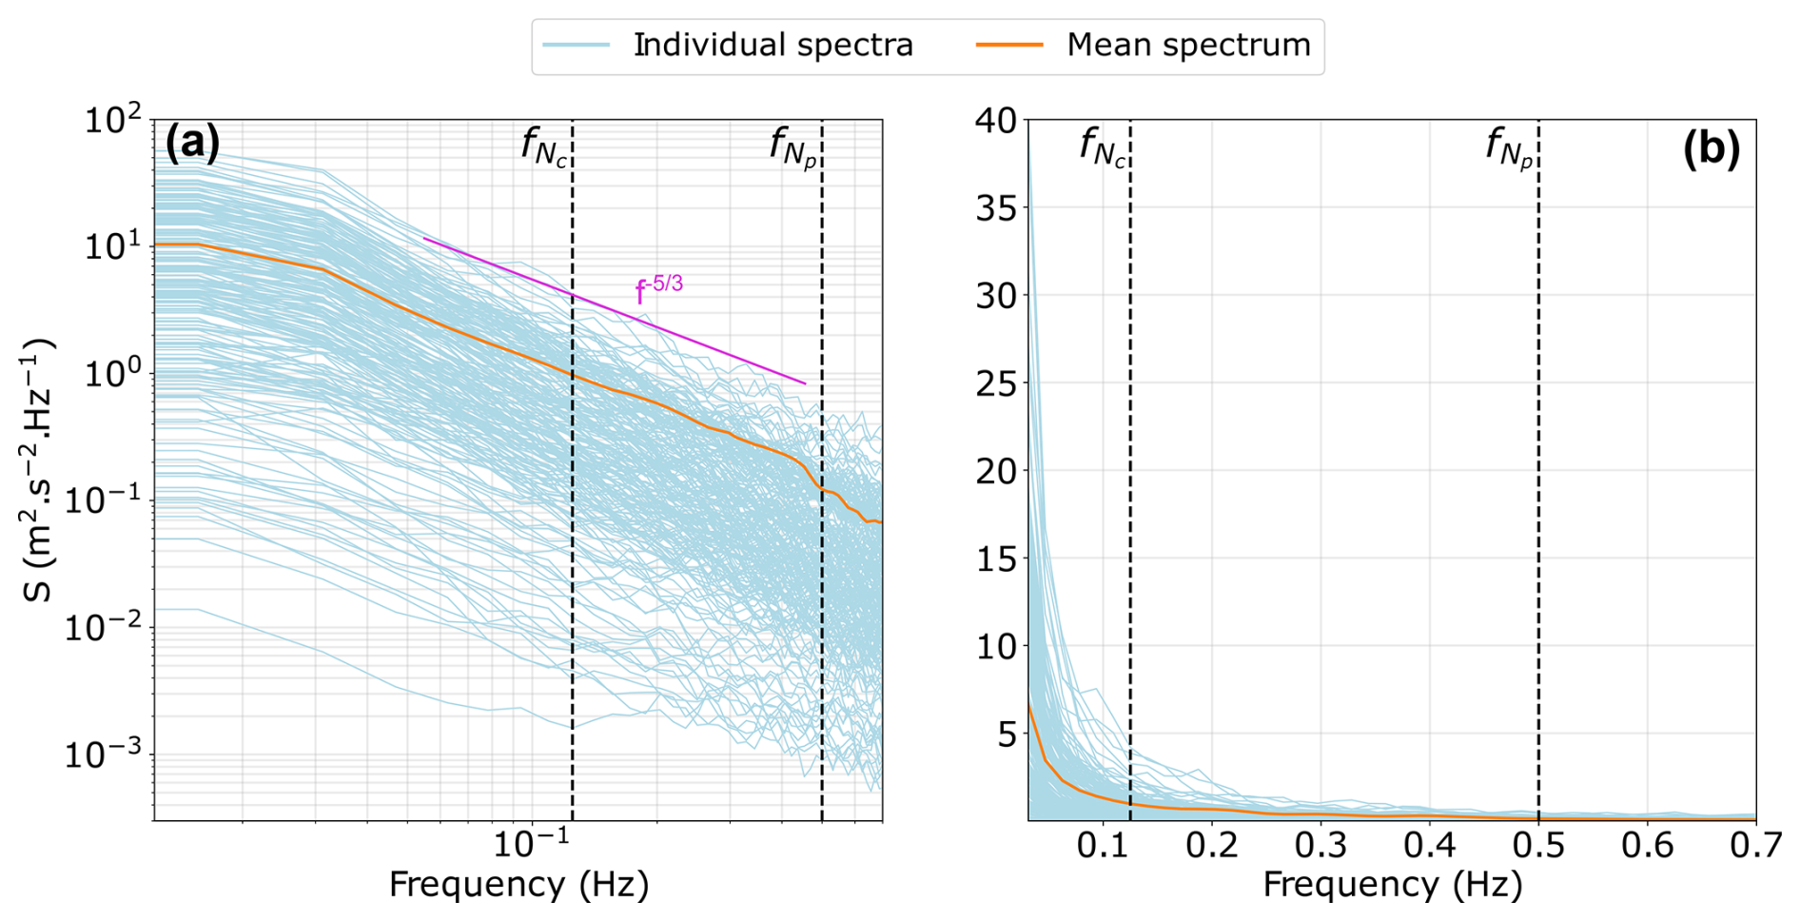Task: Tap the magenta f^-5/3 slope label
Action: (x=658, y=289)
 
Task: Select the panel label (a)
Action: (x=192, y=144)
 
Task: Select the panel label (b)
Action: (x=1711, y=149)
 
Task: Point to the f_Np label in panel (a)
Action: (x=793, y=147)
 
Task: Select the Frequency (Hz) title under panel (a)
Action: (x=518, y=886)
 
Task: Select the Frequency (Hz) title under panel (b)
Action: (x=1392, y=886)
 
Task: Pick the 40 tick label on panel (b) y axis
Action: (x=995, y=121)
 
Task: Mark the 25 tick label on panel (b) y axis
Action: (x=995, y=383)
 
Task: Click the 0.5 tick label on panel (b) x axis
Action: (x=1538, y=845)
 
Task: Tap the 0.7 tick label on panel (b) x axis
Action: (x=1755, y=845)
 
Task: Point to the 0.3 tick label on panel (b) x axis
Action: (x=1321, y=845)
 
